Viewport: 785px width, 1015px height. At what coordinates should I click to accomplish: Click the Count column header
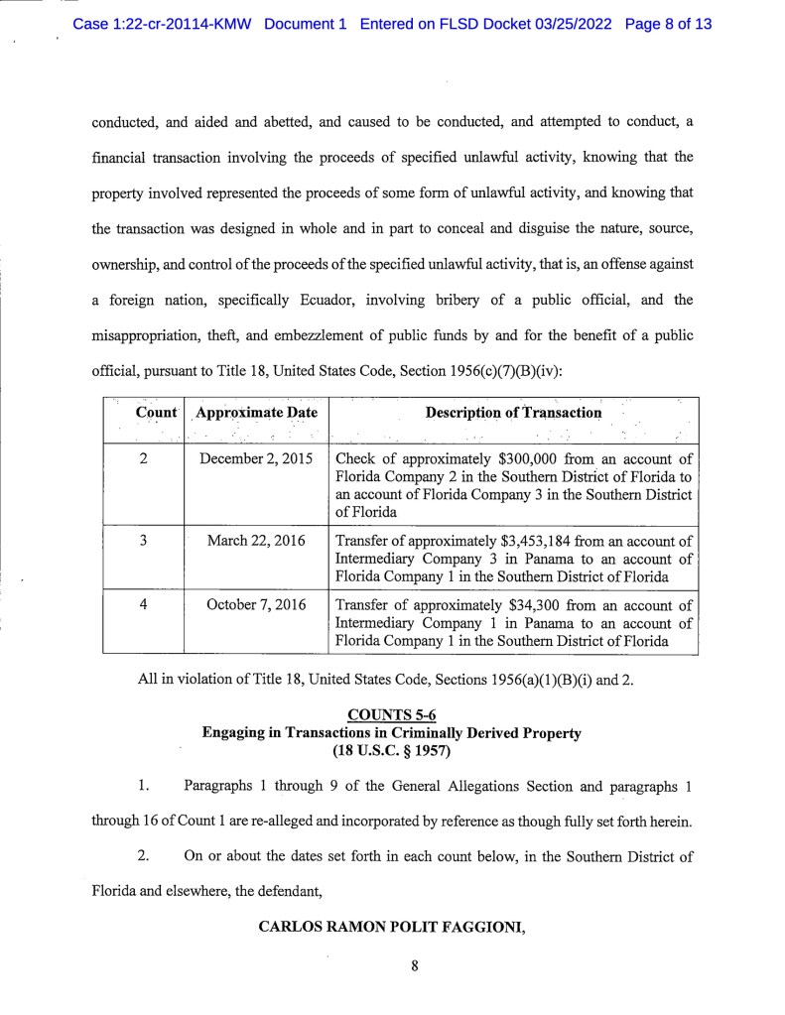click(x=143, y=413)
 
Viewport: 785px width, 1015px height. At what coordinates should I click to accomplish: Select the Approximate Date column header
click(x=255, y=413)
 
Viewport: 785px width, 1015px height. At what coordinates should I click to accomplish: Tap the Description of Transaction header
click(x=513, y=413)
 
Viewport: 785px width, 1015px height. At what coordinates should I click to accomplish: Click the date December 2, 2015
click(x=255, y=459)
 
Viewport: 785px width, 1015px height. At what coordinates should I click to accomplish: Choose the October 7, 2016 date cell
click(x=255, y=604)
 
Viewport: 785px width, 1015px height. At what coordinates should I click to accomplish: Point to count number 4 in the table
click(x=143, y=604)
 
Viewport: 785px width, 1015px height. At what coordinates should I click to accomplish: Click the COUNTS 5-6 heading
click(x=391, y=716)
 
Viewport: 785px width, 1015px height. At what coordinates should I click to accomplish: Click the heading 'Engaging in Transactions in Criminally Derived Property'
click(x=391, y=734)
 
